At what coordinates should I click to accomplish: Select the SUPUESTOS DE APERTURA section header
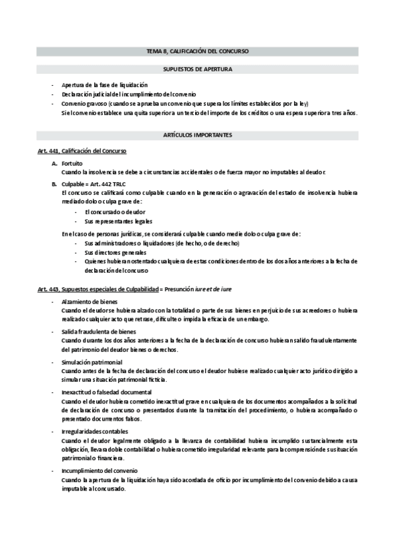pyautogui.click(x=197, y=69)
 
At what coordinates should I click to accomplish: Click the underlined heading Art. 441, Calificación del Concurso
pyautogui.click(x=82, y=152)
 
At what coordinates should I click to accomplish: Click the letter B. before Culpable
pyautogui.click(x=54, y=183)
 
